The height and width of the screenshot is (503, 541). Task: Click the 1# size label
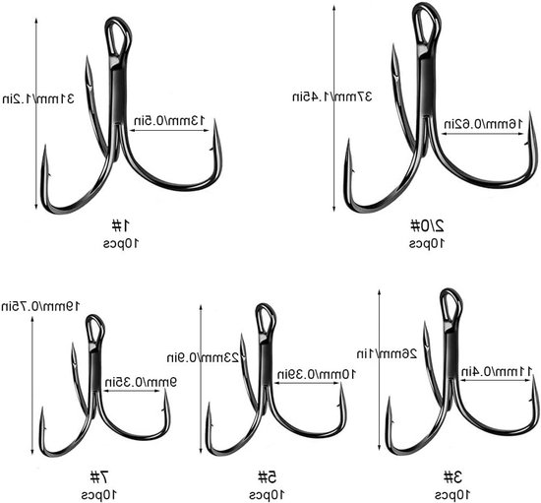coord(120,225)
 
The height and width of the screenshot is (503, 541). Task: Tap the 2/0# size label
coord(427,225)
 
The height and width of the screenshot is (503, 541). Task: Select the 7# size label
coord(99,477)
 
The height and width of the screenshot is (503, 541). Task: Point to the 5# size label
coord(268,477)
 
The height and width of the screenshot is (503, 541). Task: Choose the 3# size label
coord(452,477)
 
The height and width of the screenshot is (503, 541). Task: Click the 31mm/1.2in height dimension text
coord(38,99)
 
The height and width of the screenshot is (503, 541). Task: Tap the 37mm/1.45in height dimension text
coord(332,96)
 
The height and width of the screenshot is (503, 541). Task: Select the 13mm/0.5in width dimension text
coord(169,121)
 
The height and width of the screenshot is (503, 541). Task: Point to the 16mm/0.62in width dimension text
coord(483,123)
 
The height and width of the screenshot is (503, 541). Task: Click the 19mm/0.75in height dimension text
coord(40,306)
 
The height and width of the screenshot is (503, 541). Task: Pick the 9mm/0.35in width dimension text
coord(141,382)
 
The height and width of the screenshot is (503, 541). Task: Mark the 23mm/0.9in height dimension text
coord(203,357)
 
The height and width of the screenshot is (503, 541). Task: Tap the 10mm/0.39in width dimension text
coord(317,374)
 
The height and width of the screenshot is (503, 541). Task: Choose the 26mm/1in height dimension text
coord(387,353)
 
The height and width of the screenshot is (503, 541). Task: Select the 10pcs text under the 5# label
coord(267,495)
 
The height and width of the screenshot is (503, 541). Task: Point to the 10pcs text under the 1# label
coord(121,243)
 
